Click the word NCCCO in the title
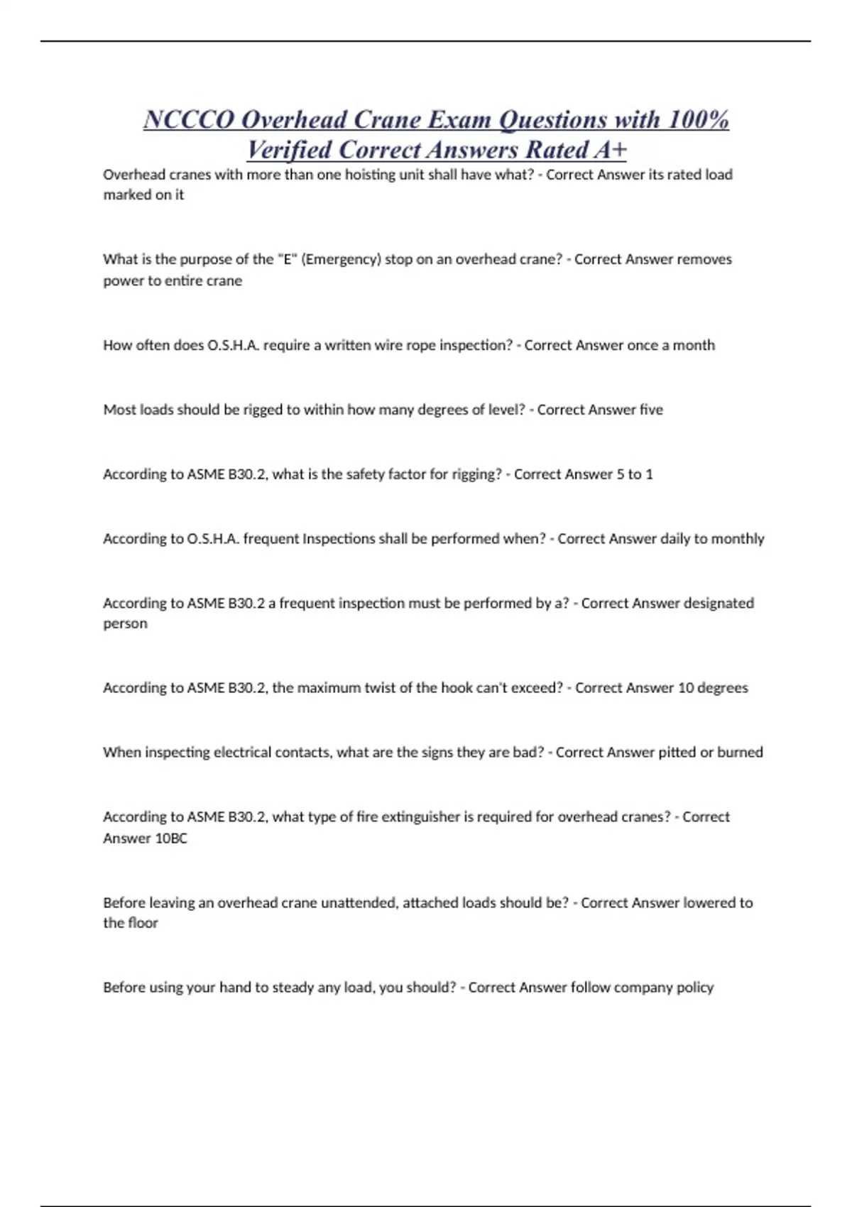189,120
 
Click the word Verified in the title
289,150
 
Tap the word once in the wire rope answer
642,345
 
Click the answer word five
651,410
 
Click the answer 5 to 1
635,474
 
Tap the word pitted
677,753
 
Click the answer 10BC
166,839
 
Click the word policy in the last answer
695,988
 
